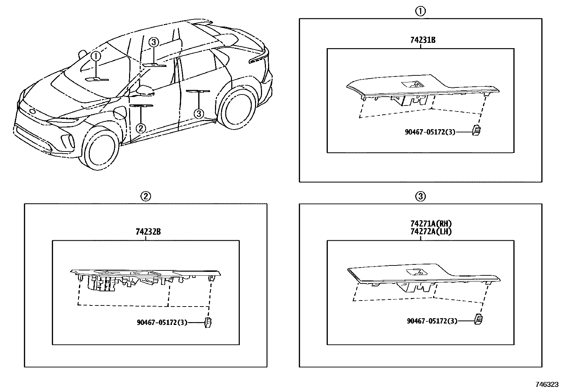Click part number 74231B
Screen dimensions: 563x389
[x=423, y=40]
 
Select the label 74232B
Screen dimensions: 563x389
[x=148, y=232]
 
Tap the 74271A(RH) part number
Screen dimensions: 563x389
[x=431, y=224]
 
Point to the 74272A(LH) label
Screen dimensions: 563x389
[x=431, y=231]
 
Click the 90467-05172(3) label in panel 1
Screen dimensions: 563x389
[x=430, y=132]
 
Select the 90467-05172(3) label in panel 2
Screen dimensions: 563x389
[x=162, y=322]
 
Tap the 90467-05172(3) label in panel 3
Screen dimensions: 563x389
[x=432, y=321]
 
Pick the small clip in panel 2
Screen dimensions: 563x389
[x=208, y=322]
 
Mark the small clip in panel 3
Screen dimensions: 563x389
[x=479, y=319]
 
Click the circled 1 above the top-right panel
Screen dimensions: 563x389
[x=420, y=12]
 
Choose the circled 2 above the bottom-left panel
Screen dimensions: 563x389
[x=145, y=196]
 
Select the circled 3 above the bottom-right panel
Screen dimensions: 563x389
[x=420, y=196]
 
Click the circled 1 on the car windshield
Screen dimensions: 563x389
[x=96, y=56]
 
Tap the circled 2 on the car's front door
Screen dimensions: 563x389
[x=141, y=128]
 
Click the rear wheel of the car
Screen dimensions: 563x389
[x=236, y=106]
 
